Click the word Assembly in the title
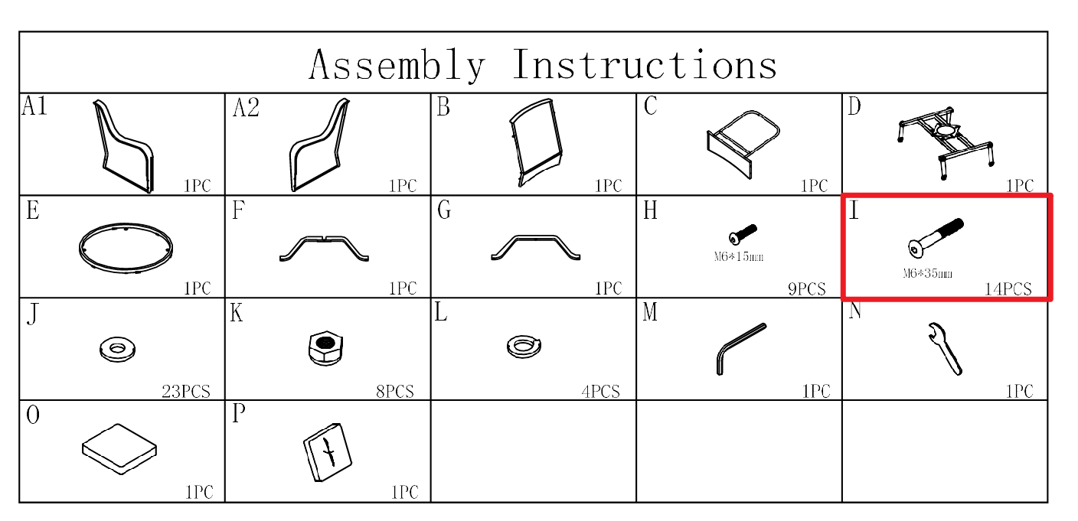pos(397,65)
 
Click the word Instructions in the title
pos(645,64)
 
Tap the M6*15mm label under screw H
pos(739,256)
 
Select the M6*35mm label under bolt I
pos(927,274)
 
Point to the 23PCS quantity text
pos(186,391)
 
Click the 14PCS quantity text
pos(1008,288)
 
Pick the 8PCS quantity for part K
pos(395,391)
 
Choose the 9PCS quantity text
pos(806,288)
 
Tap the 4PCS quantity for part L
pos(600,391)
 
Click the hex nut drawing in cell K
pos(326,348)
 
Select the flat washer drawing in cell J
pos(117,350)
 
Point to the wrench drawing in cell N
pos(945,349)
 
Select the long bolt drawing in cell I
pos(936,238)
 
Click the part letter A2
pos(246,107)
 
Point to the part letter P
pos(239,413)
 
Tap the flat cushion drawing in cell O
pos(119,449)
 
